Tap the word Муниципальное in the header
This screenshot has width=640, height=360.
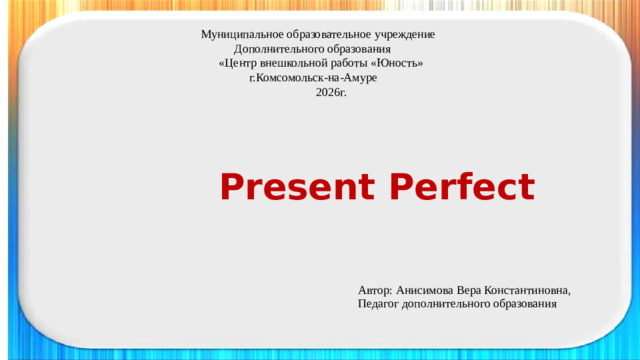[241, 34]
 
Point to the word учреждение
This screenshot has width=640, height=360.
[406, 34]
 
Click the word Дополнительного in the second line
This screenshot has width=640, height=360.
[276, 48]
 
